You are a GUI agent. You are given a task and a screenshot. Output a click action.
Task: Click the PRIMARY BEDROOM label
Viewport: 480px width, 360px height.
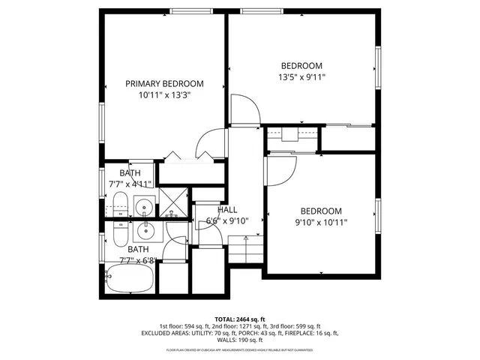(x=164, y=84)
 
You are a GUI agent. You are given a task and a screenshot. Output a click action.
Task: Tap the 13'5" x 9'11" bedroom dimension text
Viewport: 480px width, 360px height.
(x=302, y=76)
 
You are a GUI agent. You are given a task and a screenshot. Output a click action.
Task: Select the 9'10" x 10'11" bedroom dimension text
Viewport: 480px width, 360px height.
(x=322, y=222)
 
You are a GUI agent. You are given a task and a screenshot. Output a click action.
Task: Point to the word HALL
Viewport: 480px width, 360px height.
(x=228, y=210)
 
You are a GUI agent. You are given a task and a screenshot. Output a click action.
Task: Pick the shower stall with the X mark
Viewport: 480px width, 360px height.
(x=174, y=202)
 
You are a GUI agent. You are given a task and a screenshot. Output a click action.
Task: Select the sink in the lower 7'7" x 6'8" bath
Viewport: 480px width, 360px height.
(x=145, y=229)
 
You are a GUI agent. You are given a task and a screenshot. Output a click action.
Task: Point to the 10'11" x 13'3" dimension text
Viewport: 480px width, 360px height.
(x=164, y=95)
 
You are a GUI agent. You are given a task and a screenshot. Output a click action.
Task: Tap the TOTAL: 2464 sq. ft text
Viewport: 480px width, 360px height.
(x=239, y=319)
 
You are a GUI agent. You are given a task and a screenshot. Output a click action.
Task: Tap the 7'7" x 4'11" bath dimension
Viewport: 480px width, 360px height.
(x=130, y=184)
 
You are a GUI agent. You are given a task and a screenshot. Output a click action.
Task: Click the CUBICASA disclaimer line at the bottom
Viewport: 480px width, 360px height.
(x=239, y=350)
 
